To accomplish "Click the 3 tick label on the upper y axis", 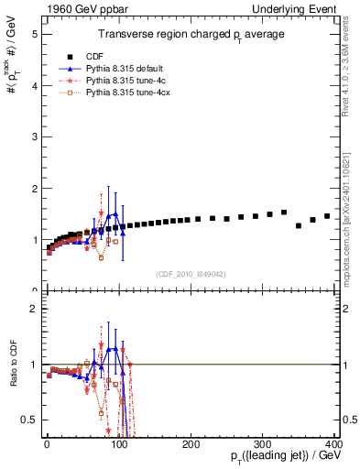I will [x=33, y=137].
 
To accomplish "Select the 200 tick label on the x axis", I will [x=191, y=443].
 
